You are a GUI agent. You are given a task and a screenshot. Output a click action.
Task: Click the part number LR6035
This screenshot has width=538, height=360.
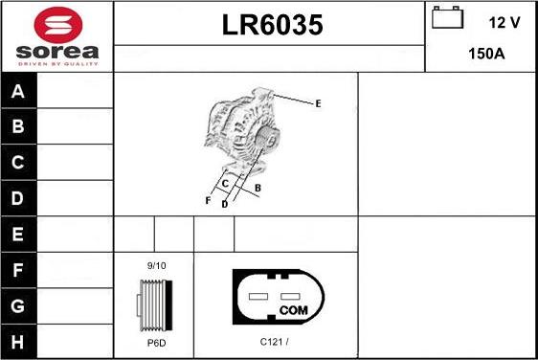point(273,25)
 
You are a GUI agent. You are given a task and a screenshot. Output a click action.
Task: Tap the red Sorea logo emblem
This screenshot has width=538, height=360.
point(58,25)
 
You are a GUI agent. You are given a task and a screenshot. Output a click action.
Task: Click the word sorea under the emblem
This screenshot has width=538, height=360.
point(57,52)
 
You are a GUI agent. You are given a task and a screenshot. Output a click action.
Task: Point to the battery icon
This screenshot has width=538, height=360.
point(447,17)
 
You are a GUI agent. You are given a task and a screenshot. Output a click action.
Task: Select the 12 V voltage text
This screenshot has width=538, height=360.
point(504,23)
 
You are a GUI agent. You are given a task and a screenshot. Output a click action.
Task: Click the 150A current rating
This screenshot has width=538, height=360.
point(486,54)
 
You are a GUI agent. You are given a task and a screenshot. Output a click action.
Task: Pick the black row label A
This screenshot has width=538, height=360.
point(18,91)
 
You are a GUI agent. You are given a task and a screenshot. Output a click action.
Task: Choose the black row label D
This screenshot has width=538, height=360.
point(18,198)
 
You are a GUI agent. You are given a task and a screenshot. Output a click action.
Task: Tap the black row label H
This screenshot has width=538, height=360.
point(18,342)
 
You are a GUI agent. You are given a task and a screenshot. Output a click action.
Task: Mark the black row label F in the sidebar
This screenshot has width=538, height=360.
point(18,270)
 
